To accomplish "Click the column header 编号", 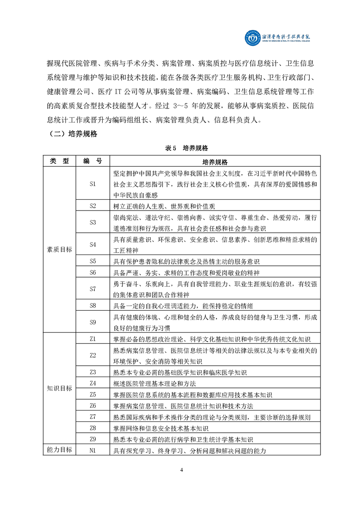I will pos(93,162).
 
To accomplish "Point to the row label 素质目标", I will pos(59,250).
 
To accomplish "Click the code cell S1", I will pos(93,184).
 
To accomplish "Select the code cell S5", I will pos(93,261).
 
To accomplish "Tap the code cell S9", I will pos(93,322).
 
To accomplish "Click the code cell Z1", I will pos(93,338).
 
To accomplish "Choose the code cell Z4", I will pos(93,383).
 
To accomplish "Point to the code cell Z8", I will pos(93,428).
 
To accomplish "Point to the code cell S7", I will pos(93,289).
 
